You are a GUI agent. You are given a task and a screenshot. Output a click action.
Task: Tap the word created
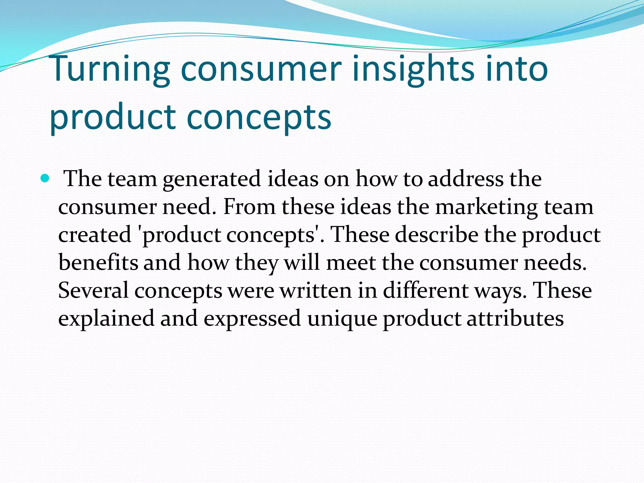tap(95, 234)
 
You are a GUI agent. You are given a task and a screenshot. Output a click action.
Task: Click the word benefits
tap(98, 262)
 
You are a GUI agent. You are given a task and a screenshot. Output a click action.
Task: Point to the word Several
tap(93, 290)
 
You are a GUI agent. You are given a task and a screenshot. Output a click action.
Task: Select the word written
tap(316, 290)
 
